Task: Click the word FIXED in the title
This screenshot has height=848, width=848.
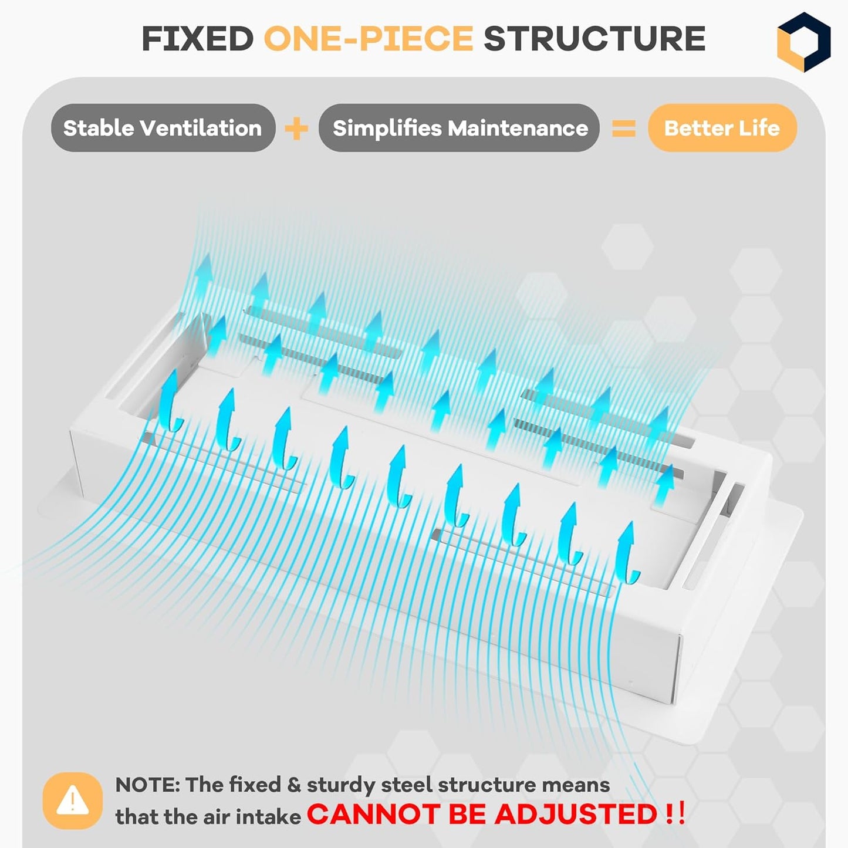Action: point(197,39)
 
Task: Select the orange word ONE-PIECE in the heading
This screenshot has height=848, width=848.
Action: point(369,39)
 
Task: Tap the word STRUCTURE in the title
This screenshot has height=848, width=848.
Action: point(594,39)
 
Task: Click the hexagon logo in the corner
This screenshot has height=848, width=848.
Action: point(803,42)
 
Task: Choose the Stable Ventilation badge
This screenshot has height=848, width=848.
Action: point(163,128)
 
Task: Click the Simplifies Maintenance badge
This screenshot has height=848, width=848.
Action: point(459,128)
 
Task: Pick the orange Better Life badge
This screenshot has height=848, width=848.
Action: point(722,128)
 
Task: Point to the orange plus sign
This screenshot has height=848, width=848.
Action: point(296,129)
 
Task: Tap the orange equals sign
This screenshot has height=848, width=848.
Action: point(624,129)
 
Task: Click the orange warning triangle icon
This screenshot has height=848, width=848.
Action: point(73,801)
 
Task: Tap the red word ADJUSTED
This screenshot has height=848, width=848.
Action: point(576,814)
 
